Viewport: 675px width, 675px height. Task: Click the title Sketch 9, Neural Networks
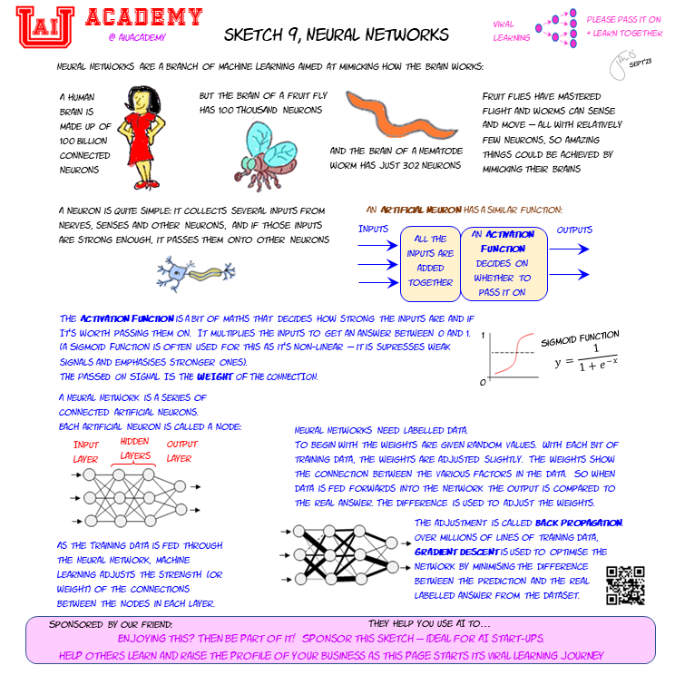337,34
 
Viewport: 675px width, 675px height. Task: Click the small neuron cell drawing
194,271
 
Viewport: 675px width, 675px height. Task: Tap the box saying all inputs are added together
431,261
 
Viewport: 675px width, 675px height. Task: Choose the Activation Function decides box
504,263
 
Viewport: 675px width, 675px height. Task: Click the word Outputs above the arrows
574,230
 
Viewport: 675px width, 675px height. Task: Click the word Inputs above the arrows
374,230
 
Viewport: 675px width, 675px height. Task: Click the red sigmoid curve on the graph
512,355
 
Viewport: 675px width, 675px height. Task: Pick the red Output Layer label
181,451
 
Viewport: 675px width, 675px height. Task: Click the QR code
625,585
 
